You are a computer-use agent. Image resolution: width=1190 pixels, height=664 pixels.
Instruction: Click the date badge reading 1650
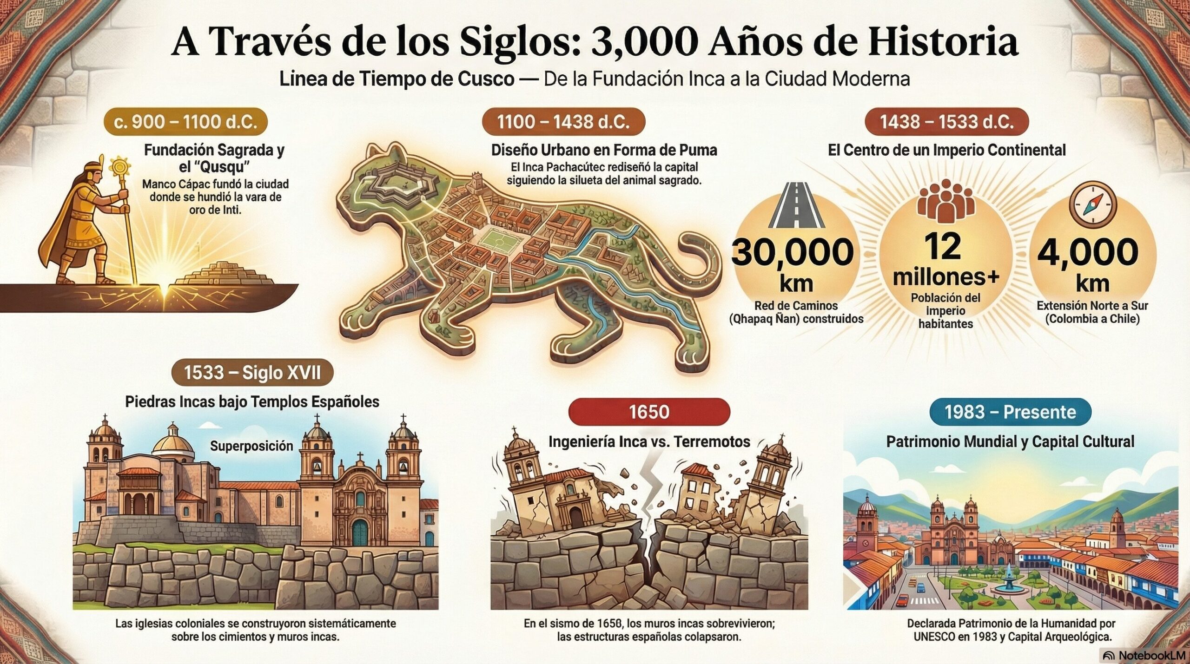[649, 412]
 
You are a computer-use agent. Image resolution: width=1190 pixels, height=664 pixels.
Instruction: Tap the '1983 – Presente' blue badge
[1010, 412]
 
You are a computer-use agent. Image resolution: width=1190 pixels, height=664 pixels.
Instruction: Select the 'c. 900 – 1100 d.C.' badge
[185, 122]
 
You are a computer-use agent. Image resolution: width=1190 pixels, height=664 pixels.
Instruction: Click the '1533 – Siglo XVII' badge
[252, 373]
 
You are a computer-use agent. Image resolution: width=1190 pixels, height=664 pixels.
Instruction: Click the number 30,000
[793, 252]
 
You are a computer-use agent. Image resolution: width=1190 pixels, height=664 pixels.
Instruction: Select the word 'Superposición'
[251, 446]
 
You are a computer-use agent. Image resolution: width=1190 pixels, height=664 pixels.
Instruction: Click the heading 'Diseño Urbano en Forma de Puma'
[604, 150]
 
